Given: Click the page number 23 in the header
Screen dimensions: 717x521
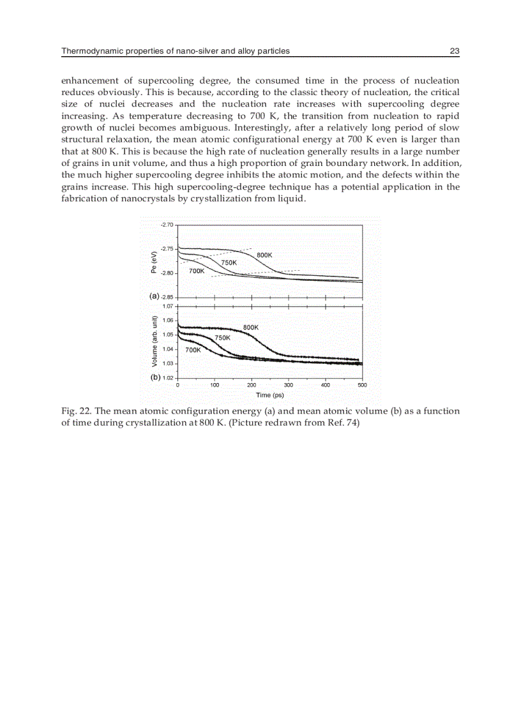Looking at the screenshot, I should pyautogui.click(x=455, y=51).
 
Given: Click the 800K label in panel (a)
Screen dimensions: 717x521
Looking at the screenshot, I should pyautogui.click(x=265, y=255).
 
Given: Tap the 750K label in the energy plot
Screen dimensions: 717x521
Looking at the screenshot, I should pyautogui.click(x=229, y=262).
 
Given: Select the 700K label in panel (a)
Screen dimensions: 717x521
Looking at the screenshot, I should pyautogui.click(x=197, y=271).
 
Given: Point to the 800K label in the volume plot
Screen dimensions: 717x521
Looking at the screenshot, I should pyautogui.click(x=251, y=327).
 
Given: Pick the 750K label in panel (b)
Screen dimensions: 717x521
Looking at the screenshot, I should pyautogui.click(x=222, y=337).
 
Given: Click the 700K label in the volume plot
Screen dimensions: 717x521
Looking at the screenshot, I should pyautogui.click(x=193, y=350).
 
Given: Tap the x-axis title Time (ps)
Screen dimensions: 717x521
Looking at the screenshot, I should pyautogui.click(x=269, y=395).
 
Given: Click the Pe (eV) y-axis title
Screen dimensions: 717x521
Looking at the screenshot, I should pyautogui.click(x=154, y=262).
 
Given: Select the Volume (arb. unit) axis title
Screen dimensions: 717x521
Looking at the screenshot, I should pyautogui.click(x=154, y=342).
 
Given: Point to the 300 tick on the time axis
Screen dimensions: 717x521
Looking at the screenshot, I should pyautogui.click(x=288, y=385).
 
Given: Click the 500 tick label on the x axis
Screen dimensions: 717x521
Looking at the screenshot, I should pyautogui.click(x=361, y=385).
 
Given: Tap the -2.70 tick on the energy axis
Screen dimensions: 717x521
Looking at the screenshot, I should pyautogui.click(x=167, y=225).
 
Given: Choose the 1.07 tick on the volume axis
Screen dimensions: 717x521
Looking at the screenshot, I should pyautogui.click(x=168, y=306).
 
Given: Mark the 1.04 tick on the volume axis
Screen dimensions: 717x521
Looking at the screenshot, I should pyautogui.click(x=168, y=349).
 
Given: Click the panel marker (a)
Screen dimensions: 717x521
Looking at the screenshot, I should pyautogui.click(x=154, y=296).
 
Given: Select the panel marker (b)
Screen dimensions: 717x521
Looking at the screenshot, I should pyautogui.click(x=155, y=377).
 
